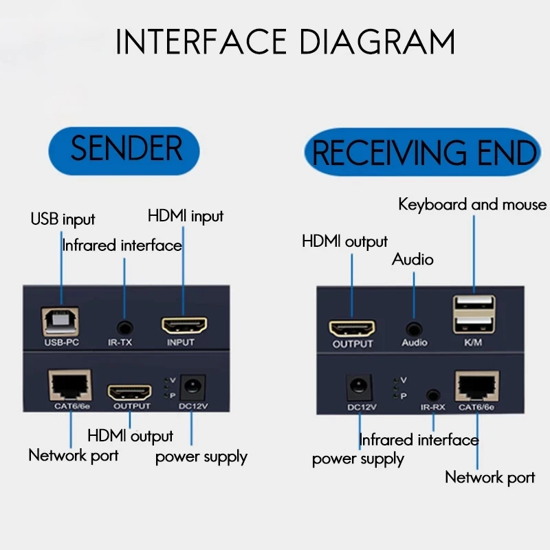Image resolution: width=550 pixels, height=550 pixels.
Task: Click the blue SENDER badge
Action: point(126,149)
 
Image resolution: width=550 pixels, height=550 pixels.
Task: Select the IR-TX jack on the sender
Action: point(124,327)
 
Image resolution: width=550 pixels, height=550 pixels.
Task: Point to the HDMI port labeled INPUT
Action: point(184,324)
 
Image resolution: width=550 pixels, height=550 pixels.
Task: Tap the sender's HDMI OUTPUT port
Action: point(130,393)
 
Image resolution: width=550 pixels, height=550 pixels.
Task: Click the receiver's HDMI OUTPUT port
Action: point(352,329)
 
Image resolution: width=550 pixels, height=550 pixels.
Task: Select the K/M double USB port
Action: point(474,314)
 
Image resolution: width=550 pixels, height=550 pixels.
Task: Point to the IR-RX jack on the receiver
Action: point(432,395)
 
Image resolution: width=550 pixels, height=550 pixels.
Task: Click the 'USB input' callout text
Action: point(63,220)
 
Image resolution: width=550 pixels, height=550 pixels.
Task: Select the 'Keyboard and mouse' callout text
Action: point(472,205)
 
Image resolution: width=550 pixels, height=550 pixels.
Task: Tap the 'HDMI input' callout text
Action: point(186,216)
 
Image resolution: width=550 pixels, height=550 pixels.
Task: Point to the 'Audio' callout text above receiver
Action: point(412,259)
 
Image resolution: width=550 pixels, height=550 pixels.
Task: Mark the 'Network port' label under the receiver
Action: point(489,477)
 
